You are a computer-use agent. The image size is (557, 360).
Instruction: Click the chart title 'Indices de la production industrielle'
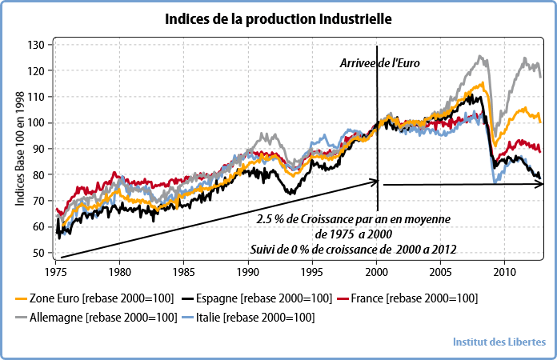[279, 18]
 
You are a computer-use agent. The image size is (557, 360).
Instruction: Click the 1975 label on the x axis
[55, 270]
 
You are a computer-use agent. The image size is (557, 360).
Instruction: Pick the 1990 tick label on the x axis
[248, 270]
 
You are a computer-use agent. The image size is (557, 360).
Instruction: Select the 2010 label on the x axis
[504, 270]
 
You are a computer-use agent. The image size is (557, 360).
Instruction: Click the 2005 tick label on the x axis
[440, 270]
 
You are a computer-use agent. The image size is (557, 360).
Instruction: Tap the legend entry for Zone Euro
[94, 298]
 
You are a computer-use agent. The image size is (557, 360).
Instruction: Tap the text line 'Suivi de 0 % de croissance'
[353, 249]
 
